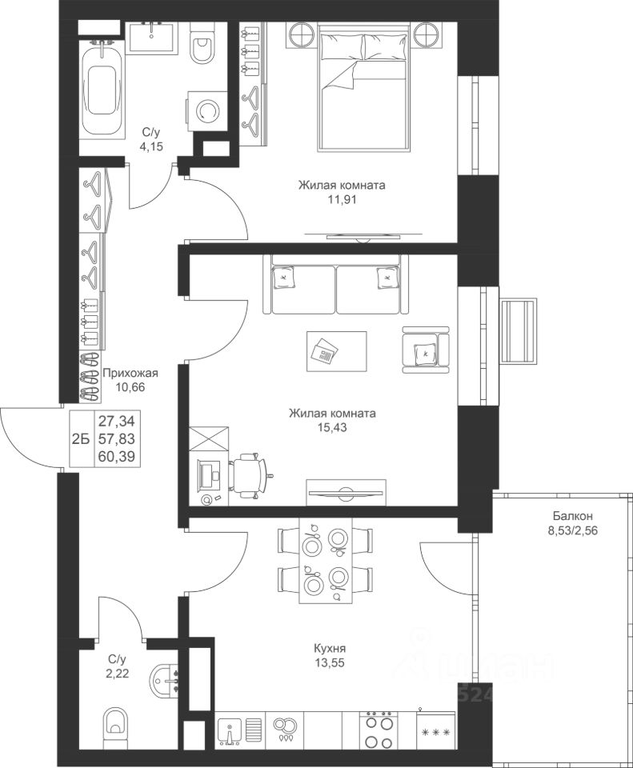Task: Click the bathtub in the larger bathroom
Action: click(101, 88)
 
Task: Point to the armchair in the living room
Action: click(425, 350)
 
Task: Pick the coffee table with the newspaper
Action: click(337, 351)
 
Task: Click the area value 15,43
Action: click(332, 427)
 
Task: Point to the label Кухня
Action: click(330, 649)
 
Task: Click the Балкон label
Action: click(573, 516)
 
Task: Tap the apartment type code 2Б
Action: click(80, 439)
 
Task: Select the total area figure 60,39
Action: click(117, 457)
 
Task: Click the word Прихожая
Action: click(130, 374)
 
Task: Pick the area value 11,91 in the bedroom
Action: click(342, 200)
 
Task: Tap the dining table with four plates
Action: click(325, 561)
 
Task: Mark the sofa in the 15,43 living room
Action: click(336, 284)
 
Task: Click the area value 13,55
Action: click(330, 663)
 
